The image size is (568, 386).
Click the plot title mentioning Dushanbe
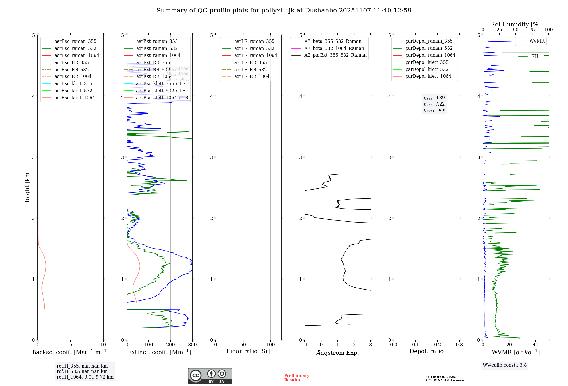pos(284,11)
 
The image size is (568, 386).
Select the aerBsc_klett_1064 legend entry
pos(74,98)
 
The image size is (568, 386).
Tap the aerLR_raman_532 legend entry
pos(254,48)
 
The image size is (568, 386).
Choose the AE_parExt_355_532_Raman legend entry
pos(335,55)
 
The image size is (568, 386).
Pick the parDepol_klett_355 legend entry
pos(427,62)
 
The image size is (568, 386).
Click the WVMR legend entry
pos(536,41)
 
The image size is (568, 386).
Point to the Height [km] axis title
pos(27,188)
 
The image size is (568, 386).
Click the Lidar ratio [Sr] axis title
pos(248,351)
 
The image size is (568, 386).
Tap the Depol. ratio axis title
pos(426,351)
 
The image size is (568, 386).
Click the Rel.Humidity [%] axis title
pos(515,24)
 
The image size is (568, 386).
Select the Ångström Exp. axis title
pos(338,353)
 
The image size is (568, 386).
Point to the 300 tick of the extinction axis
pos(192,345)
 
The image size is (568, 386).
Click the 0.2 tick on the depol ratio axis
pos(438,345)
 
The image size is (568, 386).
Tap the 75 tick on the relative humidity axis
pos(532,30)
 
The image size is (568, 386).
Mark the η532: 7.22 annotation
pos(434,104)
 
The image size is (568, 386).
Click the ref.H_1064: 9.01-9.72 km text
pos(85,377)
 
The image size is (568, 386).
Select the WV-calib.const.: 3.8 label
pos(505,365)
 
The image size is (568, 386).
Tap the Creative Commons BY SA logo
pos(210,376)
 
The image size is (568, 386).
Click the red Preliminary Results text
pos(296,378)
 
